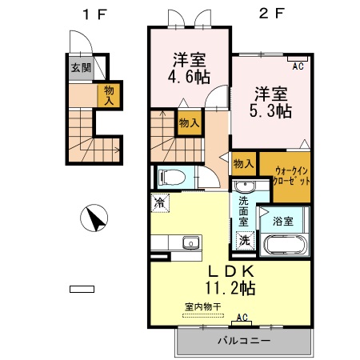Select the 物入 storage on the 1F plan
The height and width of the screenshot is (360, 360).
pos(107,95)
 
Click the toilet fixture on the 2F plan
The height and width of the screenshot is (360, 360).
pos(171,177)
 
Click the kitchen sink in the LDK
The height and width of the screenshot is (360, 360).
pos(190,243)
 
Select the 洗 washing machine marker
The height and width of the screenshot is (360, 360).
pos(243,239)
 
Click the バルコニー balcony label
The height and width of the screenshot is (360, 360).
pos(243,341)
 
